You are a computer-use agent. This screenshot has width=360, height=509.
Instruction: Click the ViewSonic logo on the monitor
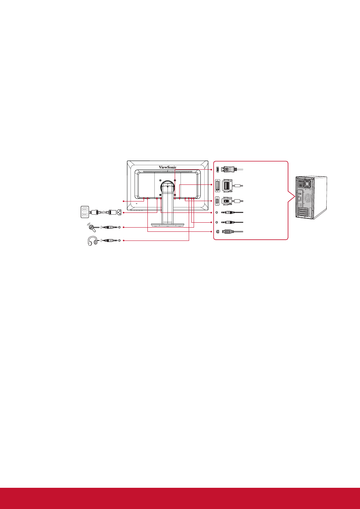click(167, 167)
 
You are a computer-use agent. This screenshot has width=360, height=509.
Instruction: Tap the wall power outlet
click(85, 212)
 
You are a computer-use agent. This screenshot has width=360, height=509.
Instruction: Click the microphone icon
click(91, 227)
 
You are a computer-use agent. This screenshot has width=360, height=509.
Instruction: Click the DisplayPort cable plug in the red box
click(229, 169)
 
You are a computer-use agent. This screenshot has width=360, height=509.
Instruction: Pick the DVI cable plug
click(228, 186)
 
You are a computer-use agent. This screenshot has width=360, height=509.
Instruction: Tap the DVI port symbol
click(218, 186)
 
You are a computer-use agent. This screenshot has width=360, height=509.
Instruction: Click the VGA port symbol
click(218, 201)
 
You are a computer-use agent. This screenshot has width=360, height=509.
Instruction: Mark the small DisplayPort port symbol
click(218, 169)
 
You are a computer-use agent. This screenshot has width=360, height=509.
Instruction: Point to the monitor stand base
click(168, 225)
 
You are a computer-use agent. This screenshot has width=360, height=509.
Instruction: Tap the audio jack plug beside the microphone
click(110, 227)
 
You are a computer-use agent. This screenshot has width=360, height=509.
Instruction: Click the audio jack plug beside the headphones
click(110, 240)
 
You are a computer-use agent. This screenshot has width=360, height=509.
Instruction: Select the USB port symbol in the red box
click(218, 231)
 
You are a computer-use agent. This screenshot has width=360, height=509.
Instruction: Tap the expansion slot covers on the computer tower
click(303, 212)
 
